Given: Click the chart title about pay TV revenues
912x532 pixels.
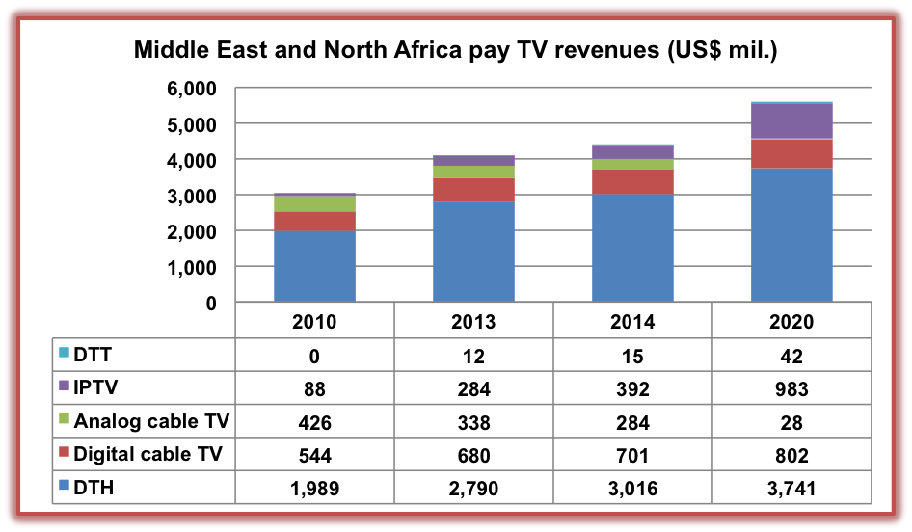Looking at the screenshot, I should click(456, 49).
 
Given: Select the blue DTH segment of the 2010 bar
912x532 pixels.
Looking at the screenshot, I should click(314, 266).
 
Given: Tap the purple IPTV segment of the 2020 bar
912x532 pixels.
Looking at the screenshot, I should click(791, 121).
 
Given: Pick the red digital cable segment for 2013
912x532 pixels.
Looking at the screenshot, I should click(473, 190).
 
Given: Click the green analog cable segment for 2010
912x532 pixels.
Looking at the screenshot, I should click(314, 203).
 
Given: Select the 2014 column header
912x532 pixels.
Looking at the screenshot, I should click(632, 322).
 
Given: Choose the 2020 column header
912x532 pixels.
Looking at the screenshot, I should click(791, 322).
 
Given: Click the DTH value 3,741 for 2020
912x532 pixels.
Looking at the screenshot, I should click(791, 490).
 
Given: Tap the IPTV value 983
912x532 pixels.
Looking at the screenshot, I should click(791, 388).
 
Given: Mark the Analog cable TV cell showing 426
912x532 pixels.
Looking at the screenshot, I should click(314, 422).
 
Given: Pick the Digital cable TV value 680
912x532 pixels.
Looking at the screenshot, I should click(473, 456).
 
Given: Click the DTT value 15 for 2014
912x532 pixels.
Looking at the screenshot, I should click(632, 355).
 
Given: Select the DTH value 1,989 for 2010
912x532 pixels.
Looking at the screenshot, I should click(314, 490).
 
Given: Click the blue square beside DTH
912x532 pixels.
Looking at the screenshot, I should click(64, 489).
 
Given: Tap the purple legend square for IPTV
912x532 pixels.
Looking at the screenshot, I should click(64, 387).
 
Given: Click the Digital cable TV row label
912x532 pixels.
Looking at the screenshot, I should click(148, 455).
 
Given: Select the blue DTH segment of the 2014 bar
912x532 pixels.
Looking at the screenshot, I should click(632, 249).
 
